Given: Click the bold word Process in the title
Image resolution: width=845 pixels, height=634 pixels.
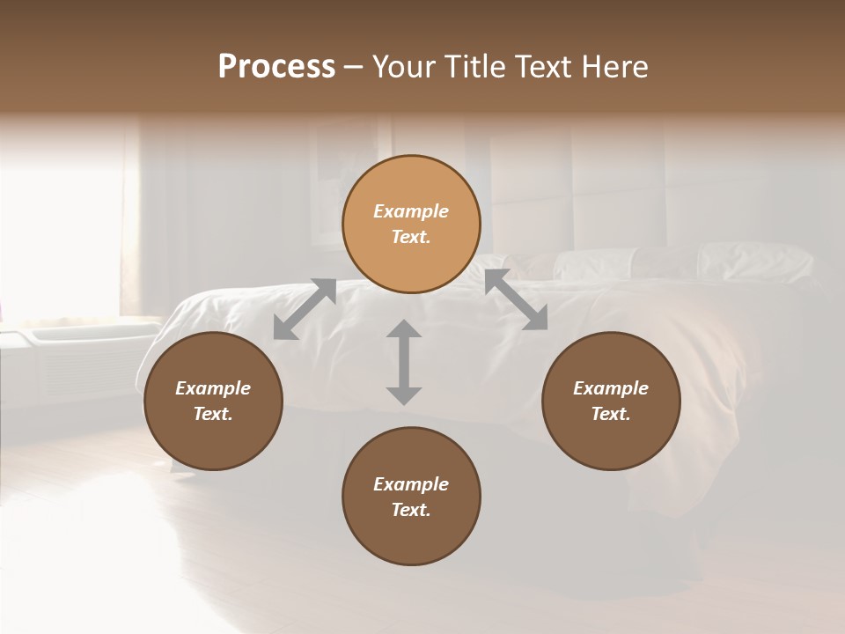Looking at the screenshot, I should [x=276, y=67].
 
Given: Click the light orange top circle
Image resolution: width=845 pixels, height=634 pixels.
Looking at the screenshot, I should [x=411, y=225].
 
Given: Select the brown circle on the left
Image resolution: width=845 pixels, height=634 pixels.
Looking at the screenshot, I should [x=213, y=401].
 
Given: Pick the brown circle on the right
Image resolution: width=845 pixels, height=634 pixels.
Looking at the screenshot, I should [x=611, y=401].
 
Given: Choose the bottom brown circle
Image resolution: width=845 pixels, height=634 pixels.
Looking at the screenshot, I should [x=411, y=496].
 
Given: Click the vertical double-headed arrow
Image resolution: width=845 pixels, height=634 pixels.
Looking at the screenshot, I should [x=403, y=362].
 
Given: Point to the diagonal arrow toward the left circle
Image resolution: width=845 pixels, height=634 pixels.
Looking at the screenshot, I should [x=305, y=308].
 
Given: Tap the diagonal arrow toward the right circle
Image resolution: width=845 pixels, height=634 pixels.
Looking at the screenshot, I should [x=516, y=299].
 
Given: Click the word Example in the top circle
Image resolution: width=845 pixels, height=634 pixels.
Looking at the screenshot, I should [x=411, y=211].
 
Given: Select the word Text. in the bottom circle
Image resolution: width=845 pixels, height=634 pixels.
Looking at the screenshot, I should [x=411, y=510].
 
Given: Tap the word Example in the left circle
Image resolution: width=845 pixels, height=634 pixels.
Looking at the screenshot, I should [x=213, y=388].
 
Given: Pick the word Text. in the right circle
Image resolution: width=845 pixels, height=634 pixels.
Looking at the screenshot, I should [x=611, y=414].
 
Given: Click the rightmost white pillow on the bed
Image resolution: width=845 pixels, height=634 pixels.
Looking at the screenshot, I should [x=755, y=262].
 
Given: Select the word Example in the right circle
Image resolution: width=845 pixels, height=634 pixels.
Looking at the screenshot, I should [x=611, y=388].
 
